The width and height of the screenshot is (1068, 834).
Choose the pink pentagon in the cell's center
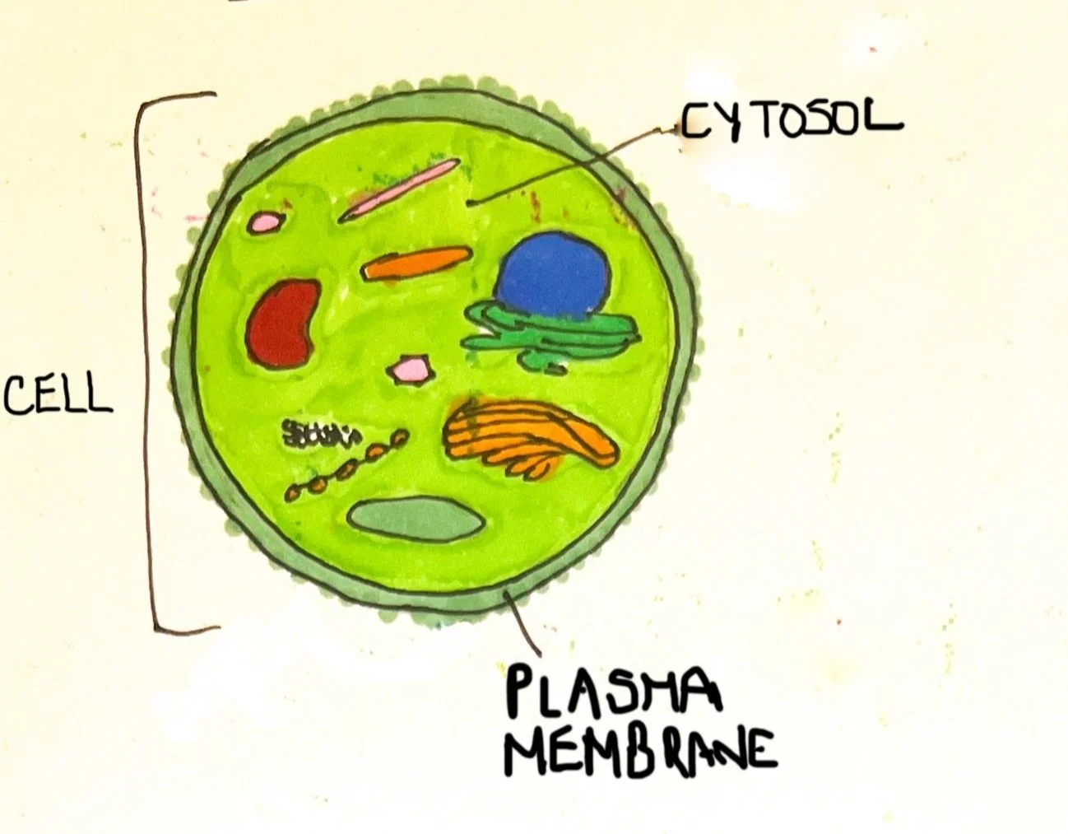pos(410,368)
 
